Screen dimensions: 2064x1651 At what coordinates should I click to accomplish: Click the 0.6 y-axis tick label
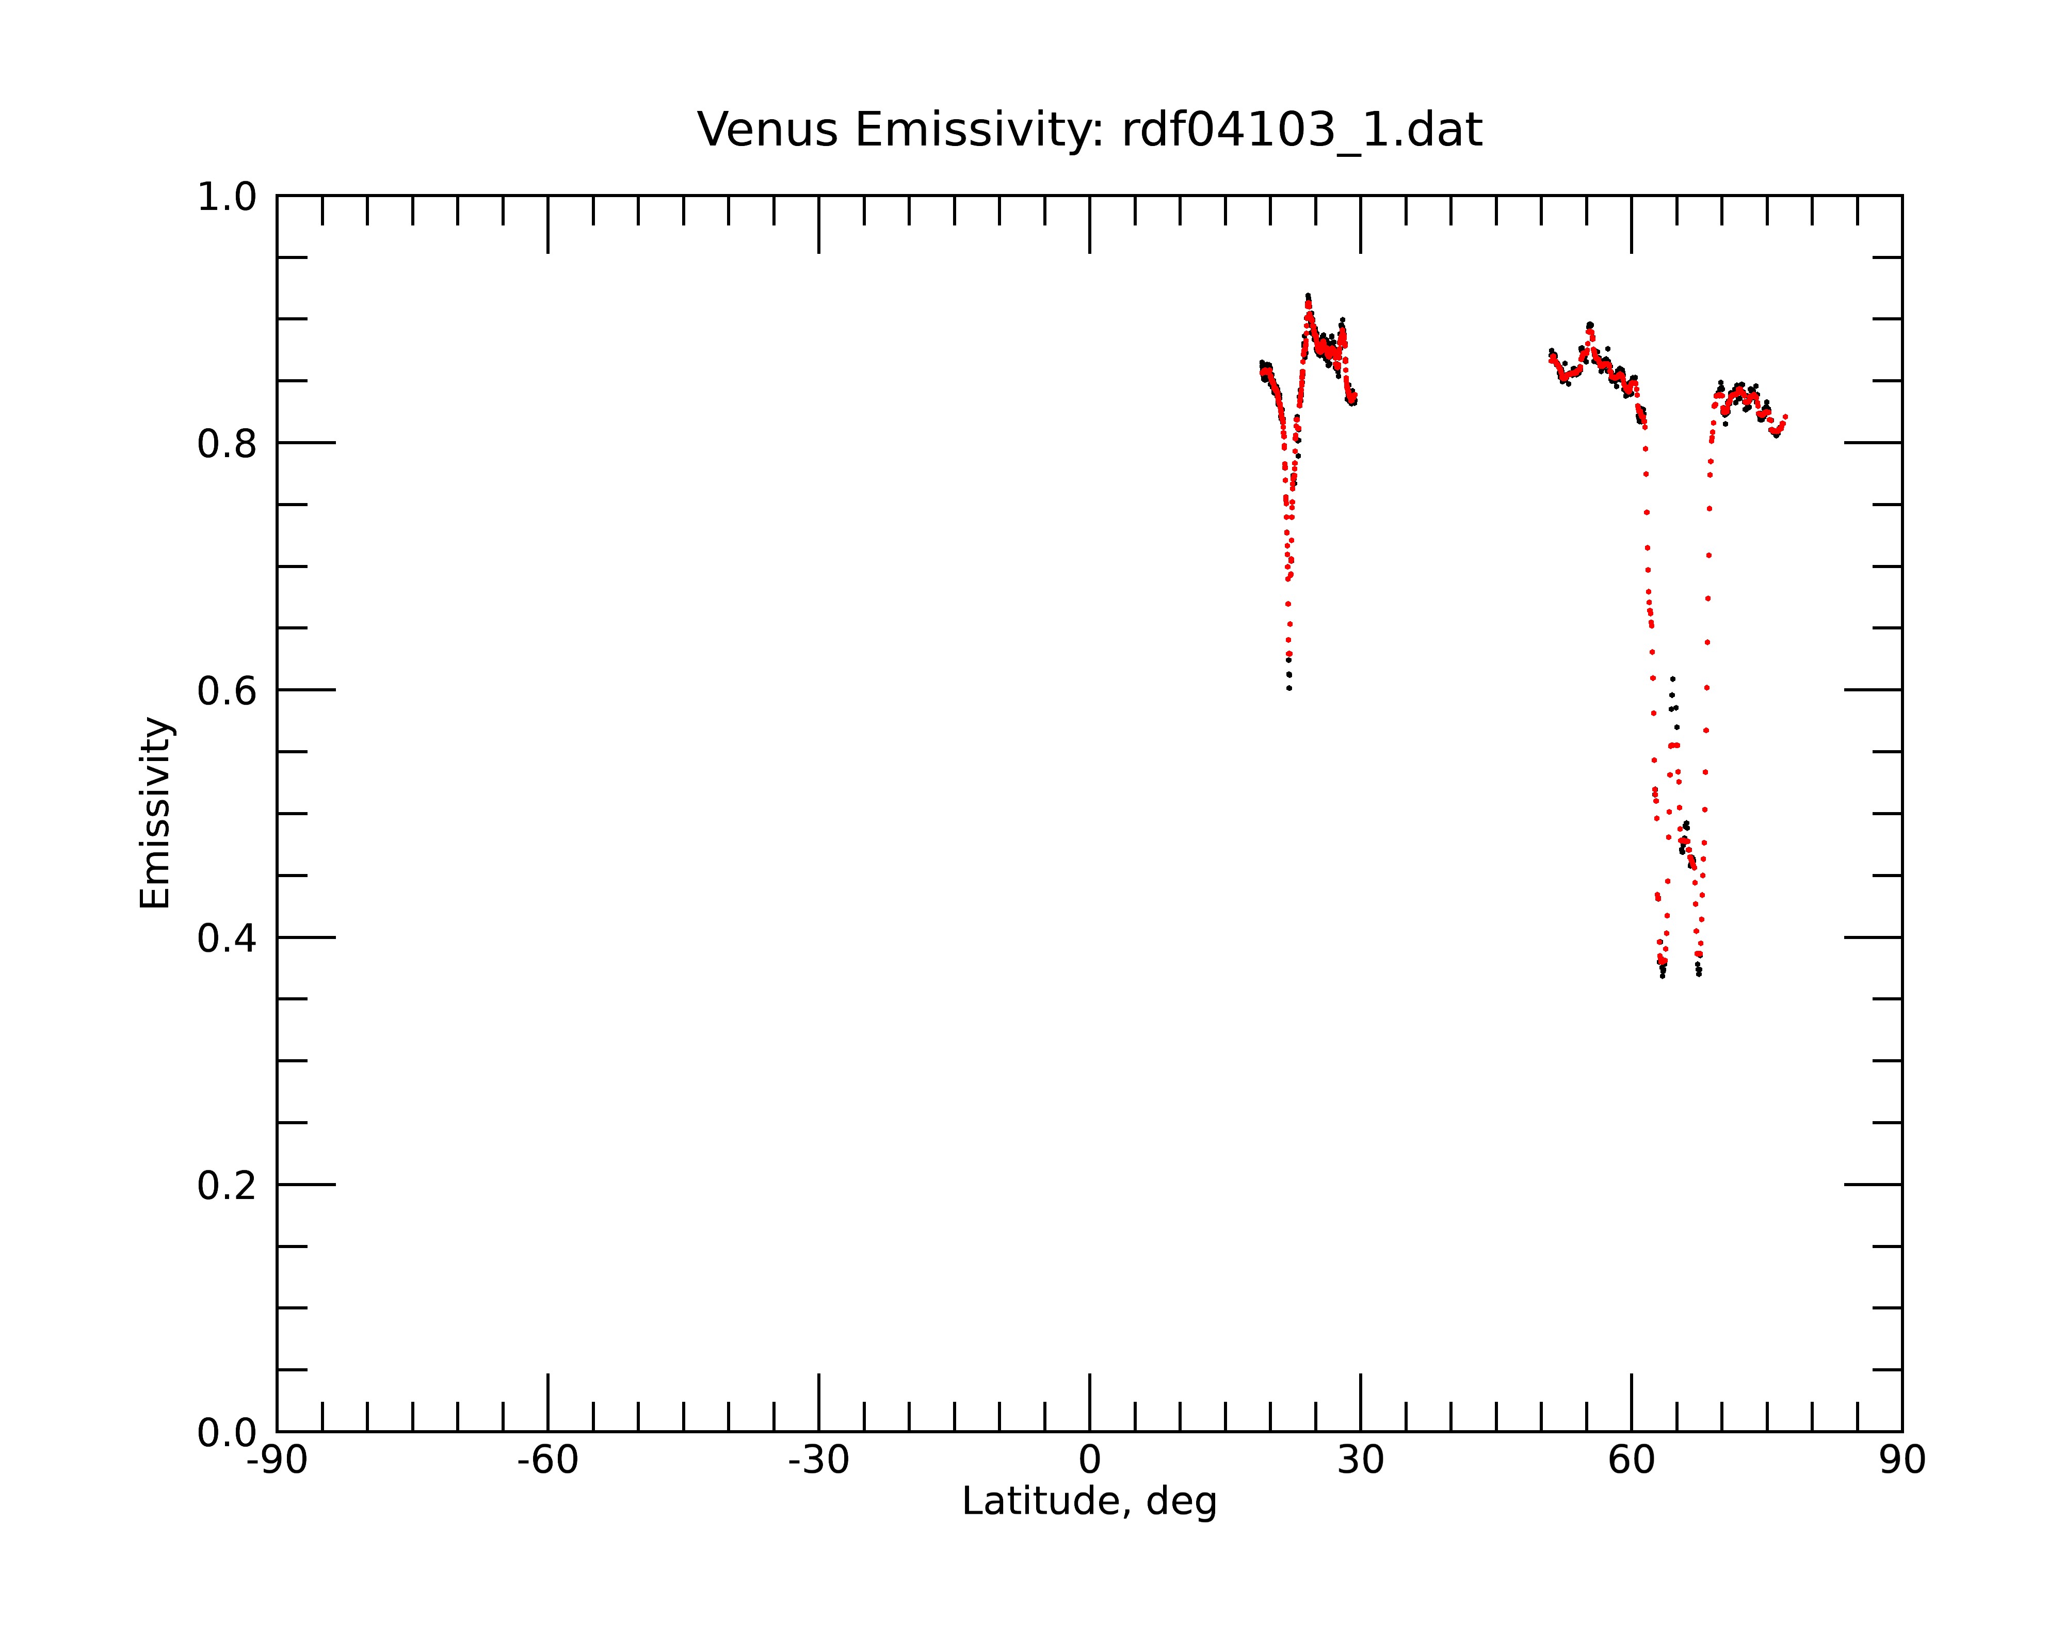pos(227,690)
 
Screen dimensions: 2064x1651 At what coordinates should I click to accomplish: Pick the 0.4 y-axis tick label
pos(227,938)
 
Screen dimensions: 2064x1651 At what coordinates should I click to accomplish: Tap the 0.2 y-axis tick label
pos(227,1185)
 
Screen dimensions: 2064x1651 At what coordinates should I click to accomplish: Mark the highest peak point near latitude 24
pos(1308,296)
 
